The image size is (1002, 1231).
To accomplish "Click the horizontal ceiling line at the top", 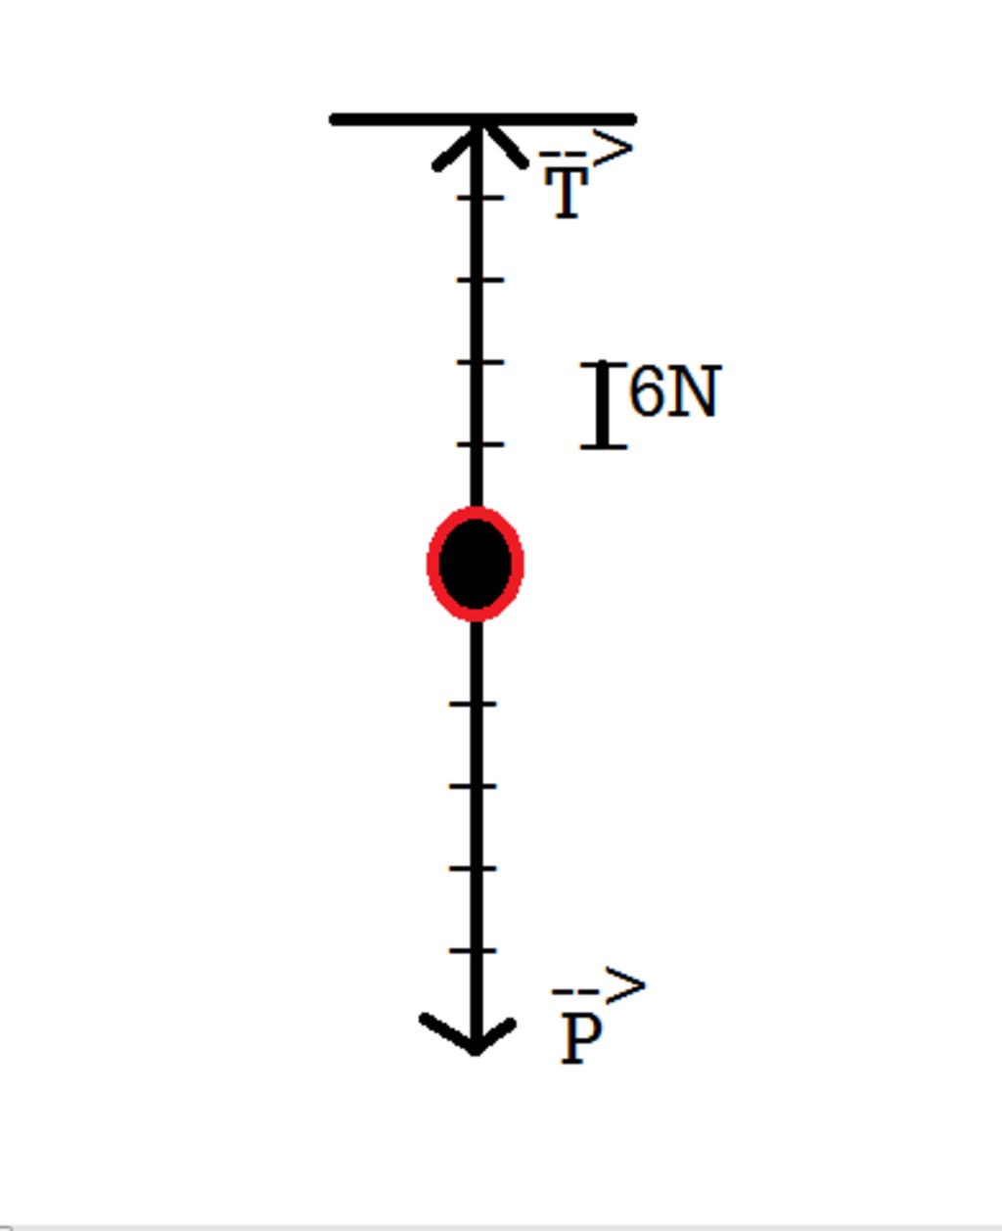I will point(391,119).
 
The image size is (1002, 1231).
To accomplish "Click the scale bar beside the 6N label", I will point(604,405).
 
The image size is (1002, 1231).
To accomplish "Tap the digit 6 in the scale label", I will point(646,391).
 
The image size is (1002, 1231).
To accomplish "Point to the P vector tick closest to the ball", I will point(474,704).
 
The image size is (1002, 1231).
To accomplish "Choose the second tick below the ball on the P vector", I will point(474,786).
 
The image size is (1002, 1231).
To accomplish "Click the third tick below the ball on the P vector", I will point(474,868).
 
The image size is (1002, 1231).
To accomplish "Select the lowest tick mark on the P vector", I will point(474,950).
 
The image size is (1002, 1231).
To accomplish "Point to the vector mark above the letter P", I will point(599,988).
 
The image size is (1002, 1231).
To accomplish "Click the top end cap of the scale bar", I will point(604,365).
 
